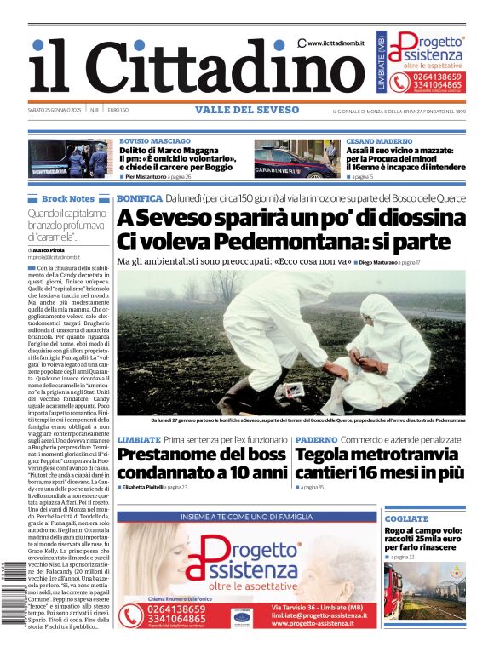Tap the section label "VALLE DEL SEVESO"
tap(247, 111)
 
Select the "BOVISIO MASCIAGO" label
tap(154, 140)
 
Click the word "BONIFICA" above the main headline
tap(139, 198)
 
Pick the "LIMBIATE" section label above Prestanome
tap(139, 439)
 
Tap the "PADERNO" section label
tap(316, 439)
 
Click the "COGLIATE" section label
tap(406, 518)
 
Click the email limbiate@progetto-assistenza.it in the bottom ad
tap(332, 615)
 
